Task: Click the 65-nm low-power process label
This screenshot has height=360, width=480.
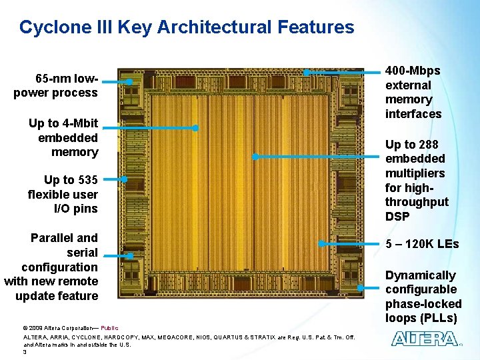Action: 55,85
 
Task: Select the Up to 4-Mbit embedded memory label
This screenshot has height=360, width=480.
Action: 63,137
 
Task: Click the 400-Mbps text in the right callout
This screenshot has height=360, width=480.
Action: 413,71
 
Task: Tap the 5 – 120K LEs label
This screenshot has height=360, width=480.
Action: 422,244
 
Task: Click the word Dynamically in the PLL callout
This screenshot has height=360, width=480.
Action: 420,275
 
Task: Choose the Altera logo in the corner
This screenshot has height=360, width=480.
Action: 425,338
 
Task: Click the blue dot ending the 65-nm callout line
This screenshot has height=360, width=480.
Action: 129,81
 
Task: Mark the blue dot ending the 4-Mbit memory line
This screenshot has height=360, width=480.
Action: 195,127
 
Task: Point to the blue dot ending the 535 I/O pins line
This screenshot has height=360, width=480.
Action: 125,179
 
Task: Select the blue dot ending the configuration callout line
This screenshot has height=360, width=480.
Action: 130,256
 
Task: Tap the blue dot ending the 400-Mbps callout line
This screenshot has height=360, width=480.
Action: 306,72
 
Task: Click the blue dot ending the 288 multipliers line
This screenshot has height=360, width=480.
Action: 255,157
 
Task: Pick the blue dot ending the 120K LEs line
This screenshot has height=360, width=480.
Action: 321,244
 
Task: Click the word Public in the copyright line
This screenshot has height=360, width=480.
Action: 110,328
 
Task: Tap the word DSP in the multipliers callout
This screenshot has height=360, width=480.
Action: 397,216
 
